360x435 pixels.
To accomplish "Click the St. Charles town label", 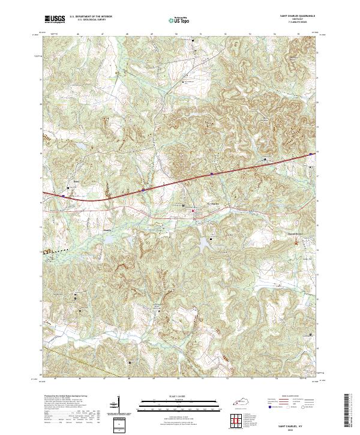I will pos(214,203).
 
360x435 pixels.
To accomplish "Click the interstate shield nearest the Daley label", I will pos(63,194).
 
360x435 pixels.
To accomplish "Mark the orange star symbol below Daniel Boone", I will pos(295,241).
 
